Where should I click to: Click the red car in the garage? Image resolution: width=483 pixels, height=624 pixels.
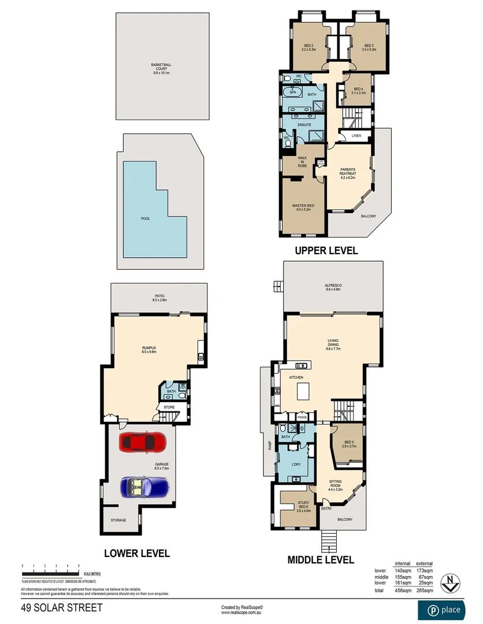coord(142,443)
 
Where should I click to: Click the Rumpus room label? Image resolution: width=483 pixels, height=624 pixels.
coord(149,348)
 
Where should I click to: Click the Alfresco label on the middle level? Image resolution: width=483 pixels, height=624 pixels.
coord(333,287)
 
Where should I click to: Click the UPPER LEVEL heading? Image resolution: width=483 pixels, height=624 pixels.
coord(326,251)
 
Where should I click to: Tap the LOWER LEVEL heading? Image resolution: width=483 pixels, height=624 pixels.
coord(137,554)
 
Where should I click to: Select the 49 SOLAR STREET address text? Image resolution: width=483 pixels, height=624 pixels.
coord(62,608)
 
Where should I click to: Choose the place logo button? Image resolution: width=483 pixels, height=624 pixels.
coord(444,610)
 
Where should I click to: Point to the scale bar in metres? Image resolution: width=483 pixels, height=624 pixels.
coord(51,573)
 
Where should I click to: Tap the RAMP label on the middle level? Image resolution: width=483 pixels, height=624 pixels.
coord(269,445)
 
